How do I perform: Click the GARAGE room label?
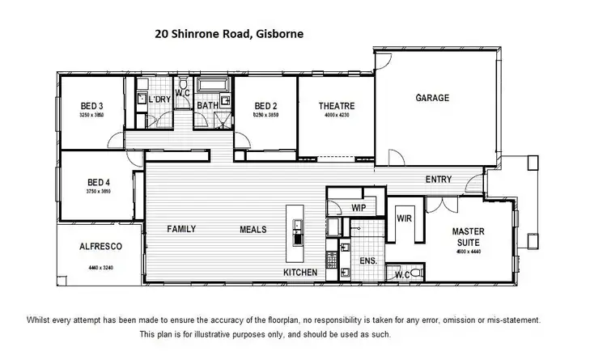(x=432, y=99)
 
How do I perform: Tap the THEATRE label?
(x=336, y=106)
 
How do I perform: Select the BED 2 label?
(x=266, y=106)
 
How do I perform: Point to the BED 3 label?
(x=92, y=106)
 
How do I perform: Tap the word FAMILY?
(x=182, y=230)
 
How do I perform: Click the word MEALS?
(x=253, y=230)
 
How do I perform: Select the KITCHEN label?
(x=299, y=273)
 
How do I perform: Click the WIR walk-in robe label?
(x=404, y=218)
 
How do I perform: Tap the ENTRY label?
(x=439, y=179)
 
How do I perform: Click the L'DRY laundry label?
(x=159, y=100)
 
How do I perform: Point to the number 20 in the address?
(x=162, y=34)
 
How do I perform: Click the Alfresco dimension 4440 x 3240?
(x=100, y=266)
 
